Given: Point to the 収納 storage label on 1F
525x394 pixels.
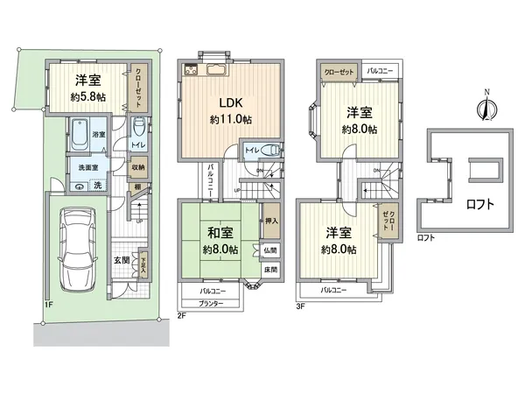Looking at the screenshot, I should (x=139, y=168).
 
